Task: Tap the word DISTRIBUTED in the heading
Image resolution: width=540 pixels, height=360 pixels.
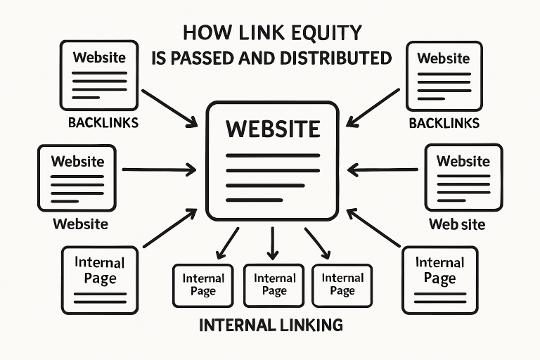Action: pyautogui.click(x=337, y=58)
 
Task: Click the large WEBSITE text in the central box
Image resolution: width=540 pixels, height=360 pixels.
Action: pyautogui.click(x=272, y=129)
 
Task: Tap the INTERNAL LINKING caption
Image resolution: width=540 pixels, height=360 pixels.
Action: pyautogui.click(x=271, y=326)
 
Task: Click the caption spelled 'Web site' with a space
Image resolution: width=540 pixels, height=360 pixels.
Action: pyautogui.click(x=456, y=225)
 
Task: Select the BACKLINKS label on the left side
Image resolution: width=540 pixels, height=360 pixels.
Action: pyautogui.click(x=103, y=122)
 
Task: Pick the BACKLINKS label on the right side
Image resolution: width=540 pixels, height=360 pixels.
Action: pyautogui.click(x=444, y=123)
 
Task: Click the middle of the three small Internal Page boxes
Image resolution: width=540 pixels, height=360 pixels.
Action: pyautogui.click(x=274, y=285)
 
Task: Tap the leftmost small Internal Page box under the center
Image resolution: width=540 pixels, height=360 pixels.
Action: pyautogui.click(x=202, y=285)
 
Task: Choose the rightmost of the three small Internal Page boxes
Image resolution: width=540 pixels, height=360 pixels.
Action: pyautogui.click(x=342, y=285)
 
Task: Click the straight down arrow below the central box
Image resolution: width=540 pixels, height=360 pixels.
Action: pyautogui.click(x=273, y=243)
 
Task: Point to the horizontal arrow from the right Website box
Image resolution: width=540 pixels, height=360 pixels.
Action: pyautogui.click(x=383, y=169)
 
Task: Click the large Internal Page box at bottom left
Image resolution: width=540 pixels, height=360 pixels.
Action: pyautogui.click(x=99, y=279)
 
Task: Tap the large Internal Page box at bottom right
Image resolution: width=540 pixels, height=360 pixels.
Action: pyautogui.click(x=439, y=279)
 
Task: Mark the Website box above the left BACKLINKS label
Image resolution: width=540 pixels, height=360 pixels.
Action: pyautogui.click(x=98, y=74)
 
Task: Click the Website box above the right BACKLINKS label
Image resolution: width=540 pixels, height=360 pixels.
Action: pyautogui.click(x=443, y=74)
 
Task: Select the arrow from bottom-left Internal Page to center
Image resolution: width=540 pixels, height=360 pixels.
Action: pyautogui.click(x=170, y=228)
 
